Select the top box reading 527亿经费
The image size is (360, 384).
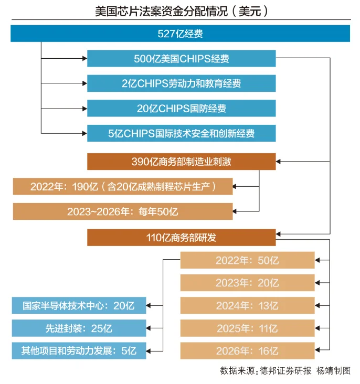click(180, 34)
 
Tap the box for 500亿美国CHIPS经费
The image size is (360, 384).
click(182, 59)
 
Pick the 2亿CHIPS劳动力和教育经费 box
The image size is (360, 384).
click(182, 83)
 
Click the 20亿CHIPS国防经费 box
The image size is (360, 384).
click(182, 109)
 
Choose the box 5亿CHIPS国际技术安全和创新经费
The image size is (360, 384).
click(182, 133)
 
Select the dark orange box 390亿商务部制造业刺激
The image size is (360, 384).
click(182, 162)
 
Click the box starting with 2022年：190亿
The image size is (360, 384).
click(123, 187)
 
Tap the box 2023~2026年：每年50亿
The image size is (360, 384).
click(123, 211)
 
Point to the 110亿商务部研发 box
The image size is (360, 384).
click(182, 238)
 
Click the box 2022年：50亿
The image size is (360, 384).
click(248, 260)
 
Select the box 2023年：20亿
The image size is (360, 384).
click(248, 283)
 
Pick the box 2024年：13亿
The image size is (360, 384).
click(248, 306)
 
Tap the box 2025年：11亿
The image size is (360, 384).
click(248, 328)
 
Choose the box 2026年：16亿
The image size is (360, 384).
click(248, 351)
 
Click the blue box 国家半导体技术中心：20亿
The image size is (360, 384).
click(79, 306)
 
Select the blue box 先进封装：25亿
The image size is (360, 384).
click(79, 328)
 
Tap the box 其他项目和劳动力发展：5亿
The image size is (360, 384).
click(79, 351)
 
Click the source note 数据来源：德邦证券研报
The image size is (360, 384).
click(266, 371)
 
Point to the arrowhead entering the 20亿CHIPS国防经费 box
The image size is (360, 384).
click(85, 109)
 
